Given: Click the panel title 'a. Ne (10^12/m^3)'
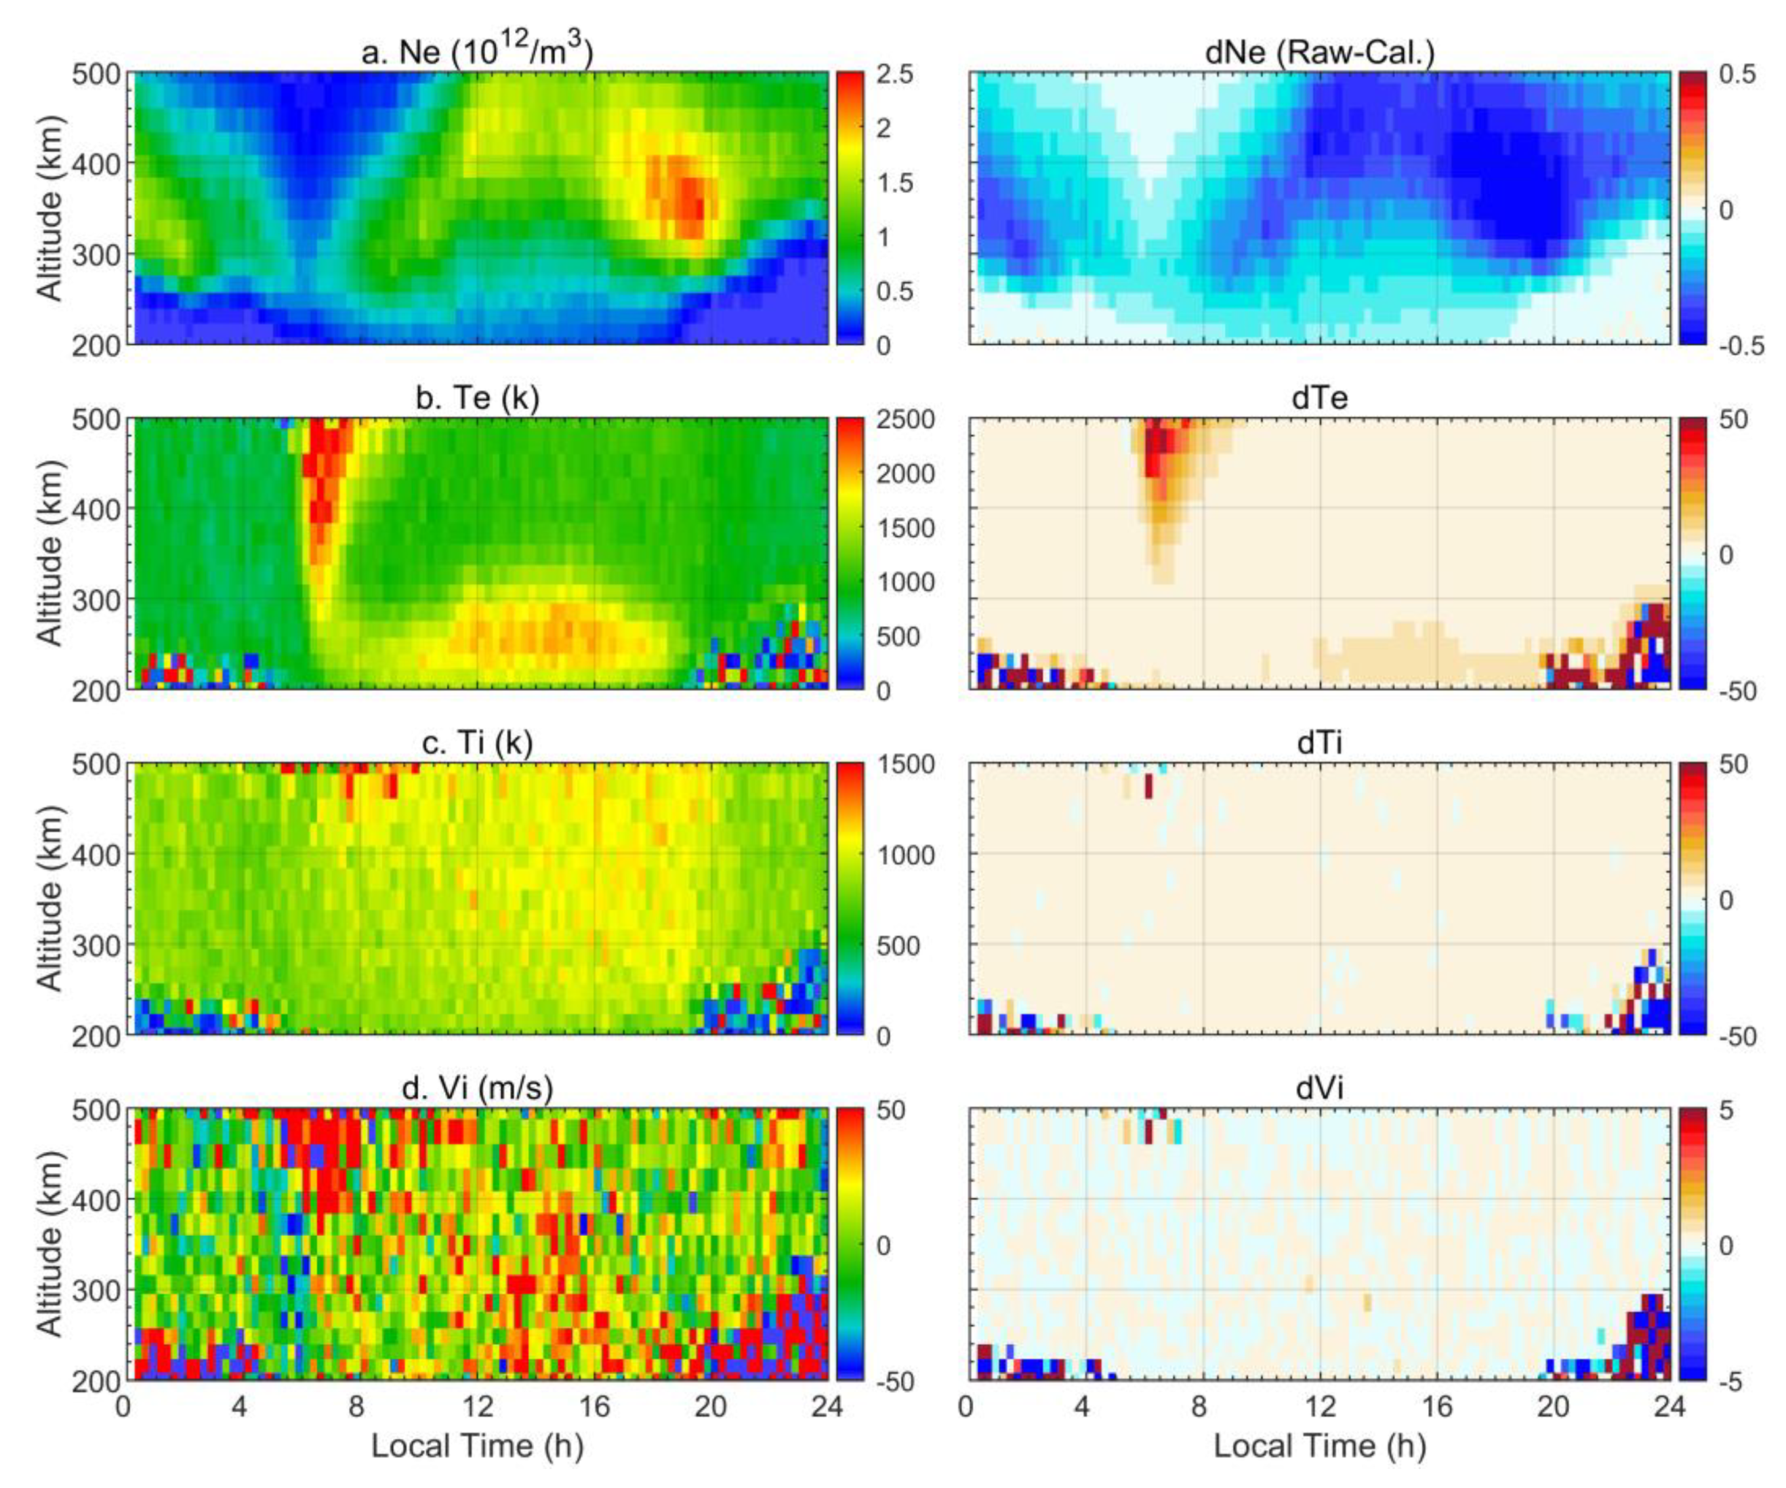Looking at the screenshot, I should (477, 53).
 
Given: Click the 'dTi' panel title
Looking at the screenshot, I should (1320, 743).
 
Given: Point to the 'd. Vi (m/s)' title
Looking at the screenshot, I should (477, 1088).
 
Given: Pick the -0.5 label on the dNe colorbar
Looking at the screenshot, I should (1740, 346).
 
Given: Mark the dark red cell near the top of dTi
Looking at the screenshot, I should (1148, 785).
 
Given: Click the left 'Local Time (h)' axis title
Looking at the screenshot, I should (477, 1445).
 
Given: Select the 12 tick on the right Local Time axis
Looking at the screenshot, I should (1320, 1406).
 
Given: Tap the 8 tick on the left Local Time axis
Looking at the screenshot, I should (356, 1406).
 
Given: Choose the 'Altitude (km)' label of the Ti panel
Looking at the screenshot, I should (51, 898).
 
